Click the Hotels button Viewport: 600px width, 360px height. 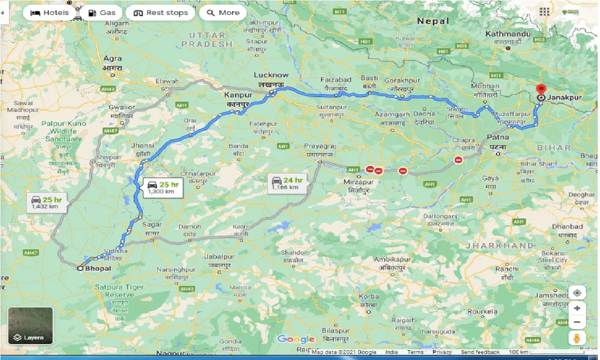pyautogui.click(x=49, y=13)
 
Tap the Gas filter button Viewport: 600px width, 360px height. pyautogui.click(x=101, y=13)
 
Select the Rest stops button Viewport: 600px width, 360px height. pyautogui.click(x=160, y=13)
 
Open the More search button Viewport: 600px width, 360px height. pyautogui.click(x=223, y=13)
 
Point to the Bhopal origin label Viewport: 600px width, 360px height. pyautogui.click(x=98, y=269)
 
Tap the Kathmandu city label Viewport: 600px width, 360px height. pyautogui.click(x=508, y=34)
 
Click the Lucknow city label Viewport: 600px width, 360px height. pyautogui.click(x=271, y=75)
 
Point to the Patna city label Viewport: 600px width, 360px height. pyautogui.click(x=497, y=138)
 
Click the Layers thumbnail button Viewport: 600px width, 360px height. pyautogui.click(x=30, y=325)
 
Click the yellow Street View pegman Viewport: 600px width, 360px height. pyautogui.click(x=577, y=338)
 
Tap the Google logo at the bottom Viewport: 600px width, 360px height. pyautogui.click(x=296, y=339)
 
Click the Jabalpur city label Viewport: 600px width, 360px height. pyautogui.click(x=219, y=257)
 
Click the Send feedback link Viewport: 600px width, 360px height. pyautogui.click(x=480, y=352)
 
